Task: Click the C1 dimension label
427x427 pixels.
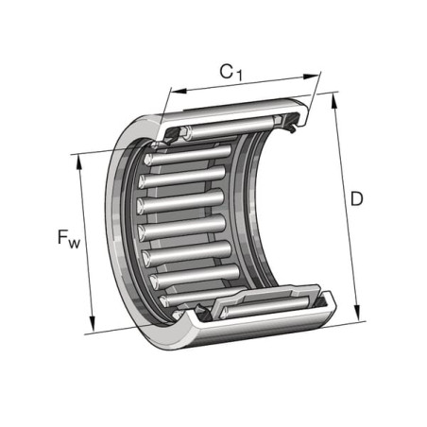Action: pyautogui.click(x=231, y=73)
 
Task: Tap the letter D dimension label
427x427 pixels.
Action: pyautogui.click(x=356, y=199)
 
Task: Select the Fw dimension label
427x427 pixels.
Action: pyautogui.click(x=69, y=239)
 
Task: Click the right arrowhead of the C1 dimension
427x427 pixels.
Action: pyautogui.click(x=311, y=77)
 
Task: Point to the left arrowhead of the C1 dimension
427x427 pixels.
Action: pyautogui.click(x=179, y=91)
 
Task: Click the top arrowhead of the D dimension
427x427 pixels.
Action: pyautogui.click(x=334, y=102)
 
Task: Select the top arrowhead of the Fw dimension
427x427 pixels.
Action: pyautogui.click(x=79, y=163)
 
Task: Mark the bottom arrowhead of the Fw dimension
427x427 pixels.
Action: pyautogui.click(x=92, y=324)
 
